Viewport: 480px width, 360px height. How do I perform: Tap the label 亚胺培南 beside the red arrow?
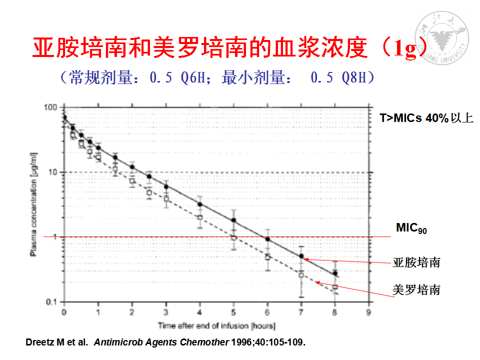pos(416,262)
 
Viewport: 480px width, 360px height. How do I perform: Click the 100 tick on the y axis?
pos(51,107)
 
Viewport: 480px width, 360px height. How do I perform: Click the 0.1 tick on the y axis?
pos(51,301)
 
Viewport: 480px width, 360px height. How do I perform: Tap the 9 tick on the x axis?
pos(369,312)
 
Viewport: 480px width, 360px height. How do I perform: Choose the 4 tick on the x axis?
pos(200,312)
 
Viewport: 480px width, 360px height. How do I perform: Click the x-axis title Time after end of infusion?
pos(216,326)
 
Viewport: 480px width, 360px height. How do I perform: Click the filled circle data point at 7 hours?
pos(301,256)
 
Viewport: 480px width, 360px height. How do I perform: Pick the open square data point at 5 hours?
pos(233,238)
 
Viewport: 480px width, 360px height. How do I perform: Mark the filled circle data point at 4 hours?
pos(200,204)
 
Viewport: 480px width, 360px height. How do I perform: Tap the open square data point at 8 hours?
pos(335,287)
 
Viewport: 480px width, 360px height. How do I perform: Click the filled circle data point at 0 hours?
pos(64,117)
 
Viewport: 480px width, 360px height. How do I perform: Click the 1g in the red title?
pos(404,49)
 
